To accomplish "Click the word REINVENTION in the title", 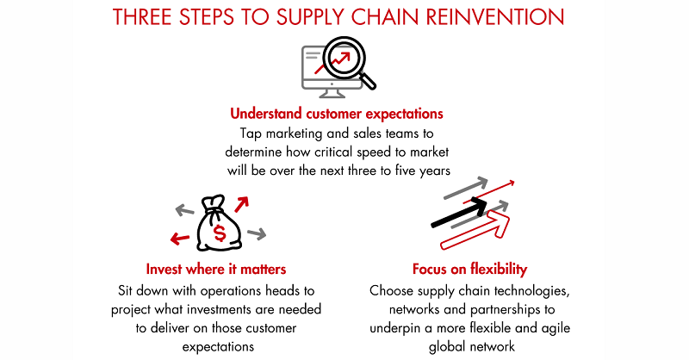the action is (494, 16).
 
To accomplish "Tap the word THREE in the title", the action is (142, 16).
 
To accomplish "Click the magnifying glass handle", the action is (367, 80).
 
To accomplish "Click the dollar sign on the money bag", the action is (220, 233).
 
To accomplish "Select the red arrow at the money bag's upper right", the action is (241, 204).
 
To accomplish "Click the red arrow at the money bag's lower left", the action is (180, 239).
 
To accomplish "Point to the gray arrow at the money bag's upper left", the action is (184, 210).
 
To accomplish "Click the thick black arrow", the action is (459, 213).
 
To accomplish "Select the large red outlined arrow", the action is (475, 230).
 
